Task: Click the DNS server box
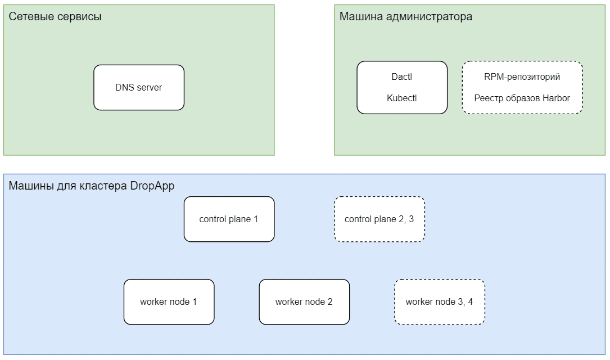(138, 87)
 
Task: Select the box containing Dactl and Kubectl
(402, 87)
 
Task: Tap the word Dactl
(402, 76)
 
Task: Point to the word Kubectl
(402, 98)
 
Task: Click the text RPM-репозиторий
(522, 76)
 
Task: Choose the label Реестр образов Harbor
(522, 98)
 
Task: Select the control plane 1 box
(229, 219)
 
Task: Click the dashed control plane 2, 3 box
(379, 219)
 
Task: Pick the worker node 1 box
(169, 302)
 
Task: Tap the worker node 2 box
(304, 302)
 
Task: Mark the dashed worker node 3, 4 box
(439, 302)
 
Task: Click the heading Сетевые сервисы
(55, 16)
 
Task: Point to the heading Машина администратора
(405, 16)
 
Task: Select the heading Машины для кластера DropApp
(92, 186)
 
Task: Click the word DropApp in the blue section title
(152, 186)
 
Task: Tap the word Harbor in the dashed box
(556, 98)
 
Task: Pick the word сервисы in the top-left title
(79, 16)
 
